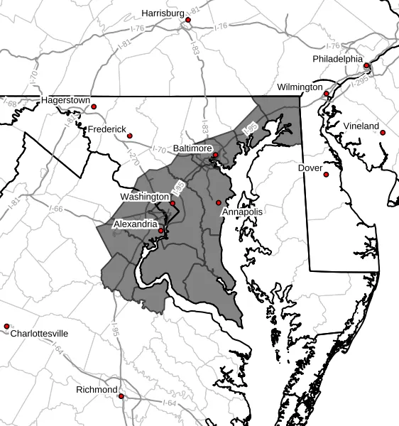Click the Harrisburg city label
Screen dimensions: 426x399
click(x=163, y=13)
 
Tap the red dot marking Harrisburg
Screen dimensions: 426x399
click(x=187, y=20)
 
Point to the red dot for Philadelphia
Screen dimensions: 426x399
click(x=366, y=66)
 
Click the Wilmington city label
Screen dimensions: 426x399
click(x=300, y=87)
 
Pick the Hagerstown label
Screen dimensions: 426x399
click(x=65, y=100)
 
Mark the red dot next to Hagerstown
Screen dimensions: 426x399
click(x=94, y=107)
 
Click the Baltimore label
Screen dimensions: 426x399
click(x=192, y=148)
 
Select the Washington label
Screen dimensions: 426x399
click(x=144, y=197)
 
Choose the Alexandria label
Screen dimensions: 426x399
click(x=136, y=224)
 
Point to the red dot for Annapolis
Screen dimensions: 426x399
click(x=219, y=203)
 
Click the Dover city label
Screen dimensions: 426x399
click(x=310, y=168)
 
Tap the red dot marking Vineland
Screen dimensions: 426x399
click(x=382, y=133)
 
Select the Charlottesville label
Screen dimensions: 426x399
click(x=39, y=333)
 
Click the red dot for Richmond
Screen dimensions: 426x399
click(x=121, y=396)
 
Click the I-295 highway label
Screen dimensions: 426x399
click(x=359, y=83)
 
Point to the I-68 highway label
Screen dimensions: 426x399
click(x=10, y=104)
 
